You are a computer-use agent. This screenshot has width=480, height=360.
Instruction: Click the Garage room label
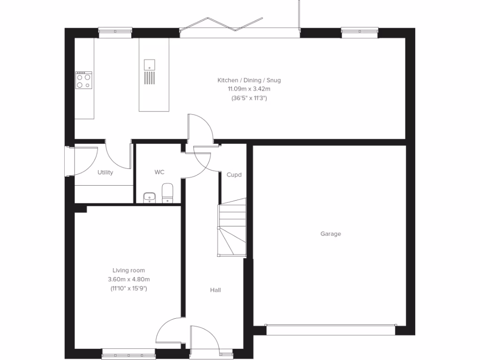[x=330, y=234]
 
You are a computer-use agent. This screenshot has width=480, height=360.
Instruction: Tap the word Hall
[x=215, y=291]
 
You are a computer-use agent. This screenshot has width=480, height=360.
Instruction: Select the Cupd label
[x=234, y=175]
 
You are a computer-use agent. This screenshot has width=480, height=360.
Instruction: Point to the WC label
[x=159, y=172]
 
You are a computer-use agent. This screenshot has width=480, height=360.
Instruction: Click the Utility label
[x=105, y=172]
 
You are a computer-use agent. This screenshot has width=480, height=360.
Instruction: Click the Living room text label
[x=128, y=270]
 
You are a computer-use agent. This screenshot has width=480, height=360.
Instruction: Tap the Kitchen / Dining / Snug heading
[x=249, y=81]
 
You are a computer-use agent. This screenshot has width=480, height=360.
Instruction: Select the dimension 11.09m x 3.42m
[x=249, y=89]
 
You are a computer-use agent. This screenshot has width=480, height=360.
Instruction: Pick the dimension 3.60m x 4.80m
[x=128, y=279]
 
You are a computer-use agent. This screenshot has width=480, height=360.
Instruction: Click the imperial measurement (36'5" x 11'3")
[x=249, y=98]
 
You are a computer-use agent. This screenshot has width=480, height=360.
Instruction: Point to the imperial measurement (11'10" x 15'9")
[x=128, y=288]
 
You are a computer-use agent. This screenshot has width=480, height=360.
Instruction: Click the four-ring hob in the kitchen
[x=84, y=80]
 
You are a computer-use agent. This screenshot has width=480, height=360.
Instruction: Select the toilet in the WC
[x=167, y=193]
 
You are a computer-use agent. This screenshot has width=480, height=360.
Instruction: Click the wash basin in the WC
[x=150, y=197]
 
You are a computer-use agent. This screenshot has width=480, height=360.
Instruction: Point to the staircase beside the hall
[x=232, y=227]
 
